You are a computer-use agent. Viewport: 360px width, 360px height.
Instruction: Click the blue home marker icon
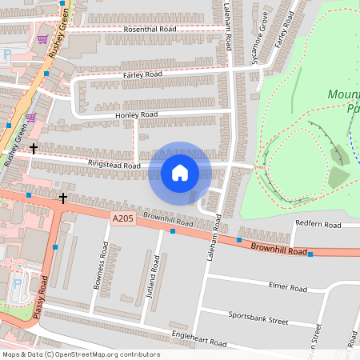click(x=180, y=172)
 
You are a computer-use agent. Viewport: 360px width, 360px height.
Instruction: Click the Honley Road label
click(x=137, y=115)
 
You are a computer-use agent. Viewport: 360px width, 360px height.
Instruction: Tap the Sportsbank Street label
click(x=258, y=319)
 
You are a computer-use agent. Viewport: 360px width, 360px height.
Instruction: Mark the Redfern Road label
click(x=318, y=223)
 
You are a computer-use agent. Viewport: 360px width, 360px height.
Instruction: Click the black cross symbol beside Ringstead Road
click(x=34, y=148)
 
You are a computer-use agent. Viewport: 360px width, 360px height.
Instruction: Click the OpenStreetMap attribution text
click(x=81, y=354)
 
